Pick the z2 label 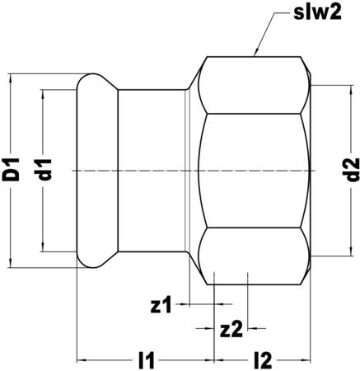coord(231,328)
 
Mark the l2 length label coord(264,360)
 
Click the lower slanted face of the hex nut coord(255,251)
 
